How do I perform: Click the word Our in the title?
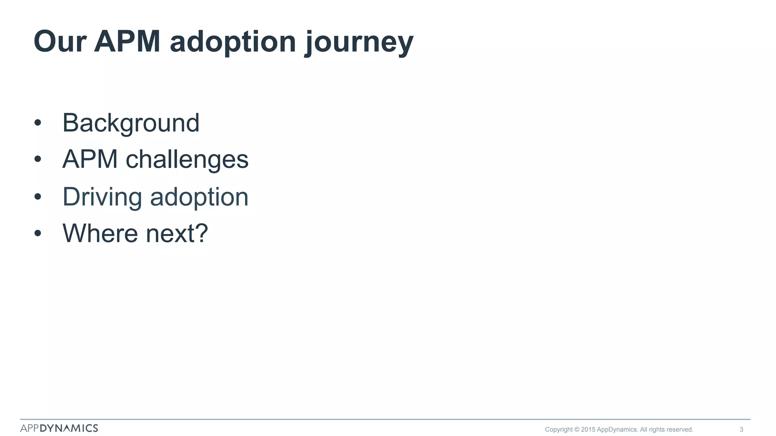pyautogui.click(x=60, y=42)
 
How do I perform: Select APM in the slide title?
pyautogui.click(x=127, y=42)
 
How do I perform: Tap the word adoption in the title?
pyautogui.click(x=233, y=42)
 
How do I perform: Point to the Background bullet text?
pyautogui.click(x=131, y=123)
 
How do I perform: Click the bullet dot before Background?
pyautogui.click(x=37, y=123)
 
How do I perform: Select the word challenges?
pyautogui.click(x=187, y=159)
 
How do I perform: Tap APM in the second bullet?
pyautogui.click(x=90, y=159)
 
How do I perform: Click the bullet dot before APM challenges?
pyautogui.click(x=37, y=159)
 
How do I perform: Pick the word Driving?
pyautogui.click(x=102, y=197)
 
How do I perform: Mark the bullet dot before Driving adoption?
pyautogui.click(x=37, y=197)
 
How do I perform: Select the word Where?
pyautogui.click(x=100, y=233)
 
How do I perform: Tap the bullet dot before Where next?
pyautogui.click(x=37, y=233)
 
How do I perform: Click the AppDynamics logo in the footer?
pyautogui.click(x=59, y=428)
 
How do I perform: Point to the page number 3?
pyautogui.click(x=741, y=430)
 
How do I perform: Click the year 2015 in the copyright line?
pyautogui.click(x=588, y=430)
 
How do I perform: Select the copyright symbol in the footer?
pyautogui.click(x=577, y=430)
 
